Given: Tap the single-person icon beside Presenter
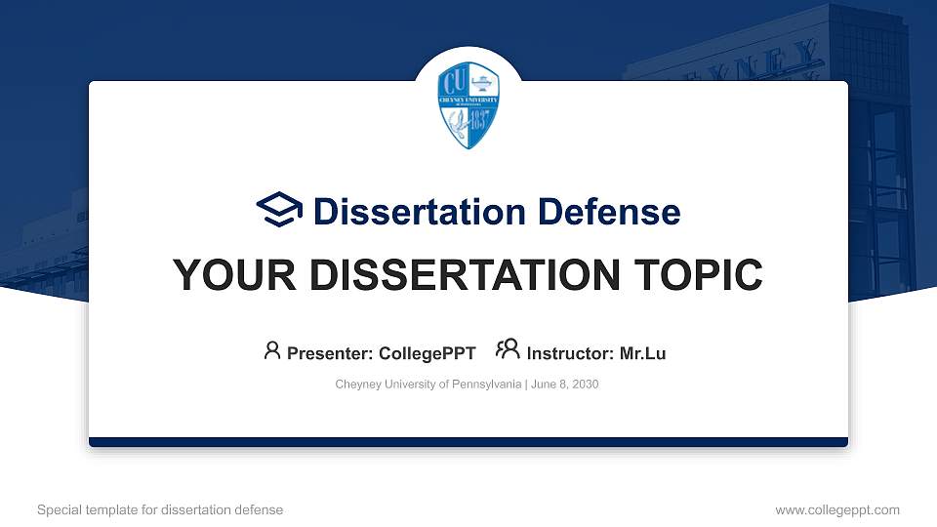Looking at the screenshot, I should tap(272, 351).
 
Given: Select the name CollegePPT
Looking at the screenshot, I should tap(427, 353).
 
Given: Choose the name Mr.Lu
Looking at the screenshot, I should tap(642, 353).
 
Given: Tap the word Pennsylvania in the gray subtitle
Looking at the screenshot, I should tap(486, 385).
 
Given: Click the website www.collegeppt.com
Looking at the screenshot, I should tap(837, 509).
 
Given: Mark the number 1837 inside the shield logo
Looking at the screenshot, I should tap(482, 124).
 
